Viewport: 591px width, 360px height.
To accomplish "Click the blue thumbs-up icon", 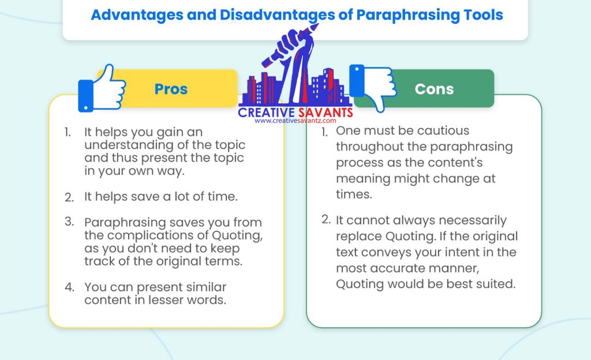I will (103, 88).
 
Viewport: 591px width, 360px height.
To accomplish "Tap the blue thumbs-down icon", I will (373, 88).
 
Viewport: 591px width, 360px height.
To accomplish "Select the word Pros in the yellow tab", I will (171, 89).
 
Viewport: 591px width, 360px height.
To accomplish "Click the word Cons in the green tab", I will (434, 89).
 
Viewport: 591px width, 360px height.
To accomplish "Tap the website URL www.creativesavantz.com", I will (295, 121).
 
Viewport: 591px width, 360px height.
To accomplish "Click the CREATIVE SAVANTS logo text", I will (295, 111).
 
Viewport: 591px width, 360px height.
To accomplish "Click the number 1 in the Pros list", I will (68, 132).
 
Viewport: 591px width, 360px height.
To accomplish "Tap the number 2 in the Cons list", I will (326, 220).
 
